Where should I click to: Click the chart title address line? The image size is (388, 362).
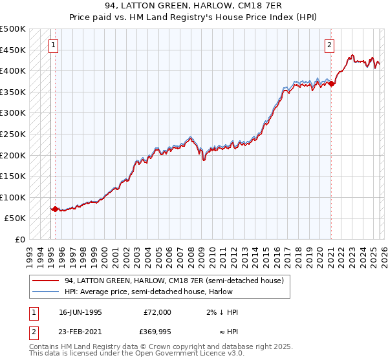point(193,6)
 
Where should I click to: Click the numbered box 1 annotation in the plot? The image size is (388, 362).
point(52,45)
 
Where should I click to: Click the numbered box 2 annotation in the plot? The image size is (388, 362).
point(330,45)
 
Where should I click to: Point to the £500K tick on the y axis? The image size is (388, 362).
point(13,29)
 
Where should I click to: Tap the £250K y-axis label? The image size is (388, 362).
point(13,134)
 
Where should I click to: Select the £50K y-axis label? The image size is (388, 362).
point(16,218)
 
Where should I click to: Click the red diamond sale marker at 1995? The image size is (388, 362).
point(55,209)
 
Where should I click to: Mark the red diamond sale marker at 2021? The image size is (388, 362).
point(330,83)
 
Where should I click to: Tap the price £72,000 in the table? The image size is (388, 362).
point(156,312)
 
